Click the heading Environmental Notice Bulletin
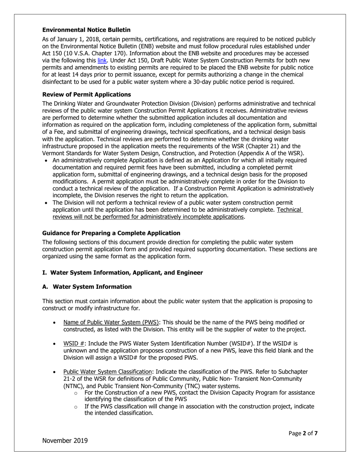86,30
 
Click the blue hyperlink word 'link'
102,60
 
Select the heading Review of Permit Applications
86,94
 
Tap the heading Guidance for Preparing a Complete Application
111,233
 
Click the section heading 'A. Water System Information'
87,286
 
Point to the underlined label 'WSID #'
74,344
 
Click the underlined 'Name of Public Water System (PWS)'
111,322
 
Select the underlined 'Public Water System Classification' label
107,372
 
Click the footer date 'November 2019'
65,441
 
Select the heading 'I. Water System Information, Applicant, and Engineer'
122,273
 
